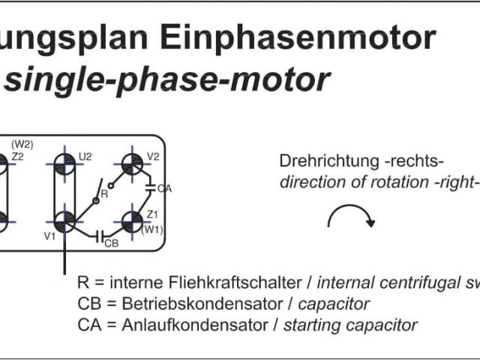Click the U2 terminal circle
(x=66, y=163)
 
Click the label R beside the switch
(x=104, y=193)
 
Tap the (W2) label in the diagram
(x=22, y=144)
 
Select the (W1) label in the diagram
(x=152, y=229)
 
